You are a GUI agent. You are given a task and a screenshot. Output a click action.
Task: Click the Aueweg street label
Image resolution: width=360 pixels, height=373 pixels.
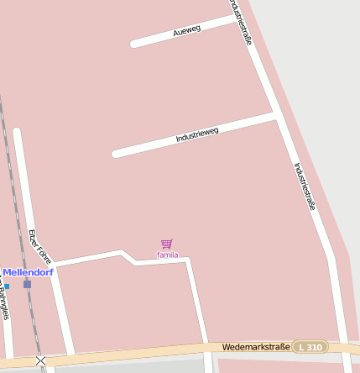coord(186,30)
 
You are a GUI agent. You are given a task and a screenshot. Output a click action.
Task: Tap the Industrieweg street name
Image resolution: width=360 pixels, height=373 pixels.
coord(197,134)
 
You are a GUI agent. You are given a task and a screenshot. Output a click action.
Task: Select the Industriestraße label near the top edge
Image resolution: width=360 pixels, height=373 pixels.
coord(242,22)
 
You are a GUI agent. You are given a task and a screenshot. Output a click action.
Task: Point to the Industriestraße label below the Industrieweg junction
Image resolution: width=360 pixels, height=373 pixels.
coord(305,186)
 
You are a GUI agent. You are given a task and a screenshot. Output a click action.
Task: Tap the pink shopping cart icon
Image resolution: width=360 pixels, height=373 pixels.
coord(167,244)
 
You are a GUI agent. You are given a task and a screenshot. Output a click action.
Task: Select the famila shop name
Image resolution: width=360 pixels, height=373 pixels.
coord(167,255)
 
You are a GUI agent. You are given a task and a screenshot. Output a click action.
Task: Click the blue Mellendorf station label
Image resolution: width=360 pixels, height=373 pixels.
coord(28,272)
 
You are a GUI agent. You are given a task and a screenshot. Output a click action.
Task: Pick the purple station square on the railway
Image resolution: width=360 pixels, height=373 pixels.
coord(27,284)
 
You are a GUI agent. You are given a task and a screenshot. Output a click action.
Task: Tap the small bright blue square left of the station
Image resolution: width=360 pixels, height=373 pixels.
coord(7,286)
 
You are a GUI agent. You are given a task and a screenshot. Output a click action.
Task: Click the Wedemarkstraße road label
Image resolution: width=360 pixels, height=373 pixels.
coord(256,347)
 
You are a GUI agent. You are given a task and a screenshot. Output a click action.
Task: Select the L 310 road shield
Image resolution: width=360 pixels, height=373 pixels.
coord(310,347)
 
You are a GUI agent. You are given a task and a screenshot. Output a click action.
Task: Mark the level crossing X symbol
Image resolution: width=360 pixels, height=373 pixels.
coord(40,360)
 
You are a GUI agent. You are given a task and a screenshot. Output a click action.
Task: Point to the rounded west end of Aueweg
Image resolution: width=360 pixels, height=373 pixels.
coord(134,44)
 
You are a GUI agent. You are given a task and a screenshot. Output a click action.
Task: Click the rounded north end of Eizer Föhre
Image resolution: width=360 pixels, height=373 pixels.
coord(17,132)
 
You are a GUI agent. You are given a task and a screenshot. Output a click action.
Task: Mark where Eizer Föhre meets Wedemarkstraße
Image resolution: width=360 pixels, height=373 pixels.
coord(69,355)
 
